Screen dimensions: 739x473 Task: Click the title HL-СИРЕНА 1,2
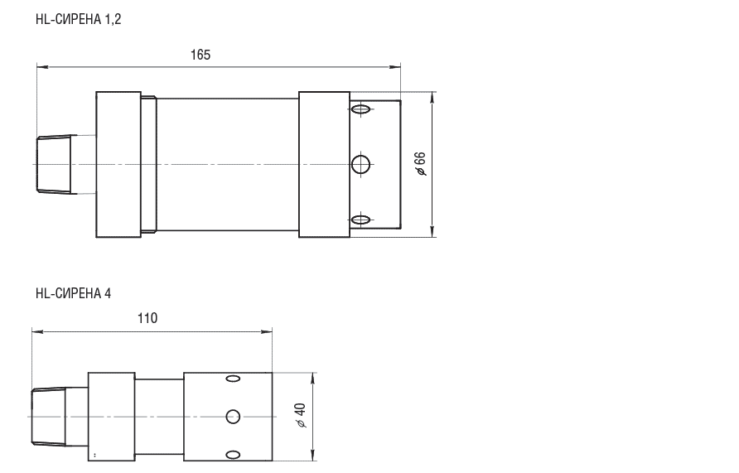click(x=78, y=19)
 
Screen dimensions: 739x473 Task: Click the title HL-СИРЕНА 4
click(x=74, y=293)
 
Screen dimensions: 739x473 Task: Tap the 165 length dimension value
click(x=200, y=55)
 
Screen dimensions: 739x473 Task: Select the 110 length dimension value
click(x=147, y=318)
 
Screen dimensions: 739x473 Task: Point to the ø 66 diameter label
click(x=420, y=164)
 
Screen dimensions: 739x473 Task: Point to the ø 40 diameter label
click(x=300, y=416)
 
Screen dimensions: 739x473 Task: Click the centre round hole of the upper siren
click(x=361, y=164)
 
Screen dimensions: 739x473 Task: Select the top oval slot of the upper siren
click(x=360, y=109)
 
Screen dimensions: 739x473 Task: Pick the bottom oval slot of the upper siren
click(x=360, y=220)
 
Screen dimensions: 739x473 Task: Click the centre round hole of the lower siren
click(x=233, y=417)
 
